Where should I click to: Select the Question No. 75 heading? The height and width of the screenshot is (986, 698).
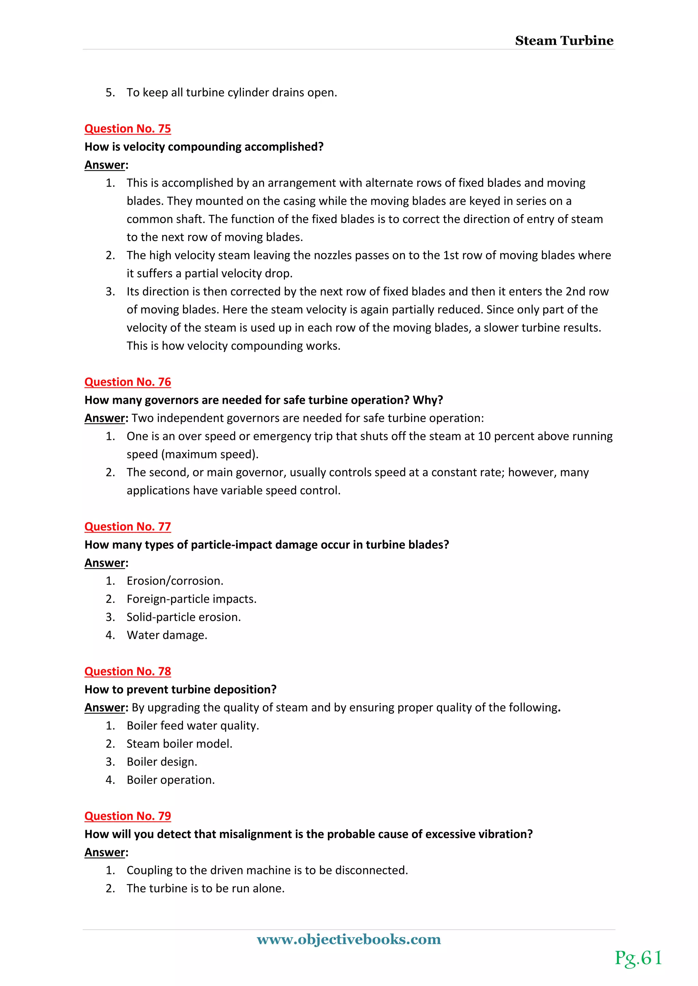[128, 128]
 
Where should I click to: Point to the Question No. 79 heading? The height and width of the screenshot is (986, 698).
[128, 816]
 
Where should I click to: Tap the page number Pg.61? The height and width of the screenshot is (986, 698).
[638, 958]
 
